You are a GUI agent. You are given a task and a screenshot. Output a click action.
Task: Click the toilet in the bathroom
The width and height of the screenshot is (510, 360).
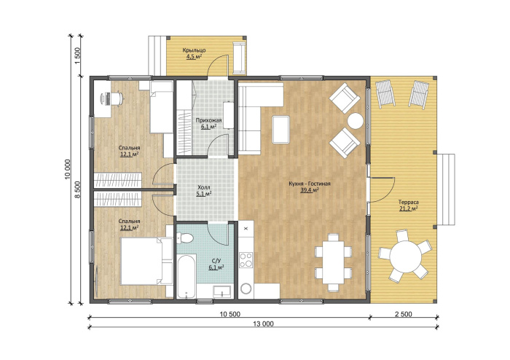pyautogui.click(x=185, y=238)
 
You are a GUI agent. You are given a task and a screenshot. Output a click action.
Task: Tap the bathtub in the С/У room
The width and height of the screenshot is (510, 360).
pyautogui.click(x=186, y=276)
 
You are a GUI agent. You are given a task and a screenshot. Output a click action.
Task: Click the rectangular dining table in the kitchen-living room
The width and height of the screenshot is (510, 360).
pyautogui.click(x=334, y=262)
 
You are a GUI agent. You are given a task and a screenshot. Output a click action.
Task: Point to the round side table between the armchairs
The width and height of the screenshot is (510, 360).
pyautogui.click(x=356, y=121)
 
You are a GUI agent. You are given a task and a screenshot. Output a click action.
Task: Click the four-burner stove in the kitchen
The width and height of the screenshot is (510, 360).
pyautogui.click(x=246, y=260)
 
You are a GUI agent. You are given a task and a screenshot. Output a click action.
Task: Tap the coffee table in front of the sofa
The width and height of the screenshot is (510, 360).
pyautogui.click(x=281, y=130)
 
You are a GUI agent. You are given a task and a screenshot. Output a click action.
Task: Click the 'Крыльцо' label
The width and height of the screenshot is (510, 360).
pyautogui.click(x=194, y=50)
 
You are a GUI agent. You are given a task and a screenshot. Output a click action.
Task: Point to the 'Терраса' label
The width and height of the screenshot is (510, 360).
pyautogui.click(x=409, y=203)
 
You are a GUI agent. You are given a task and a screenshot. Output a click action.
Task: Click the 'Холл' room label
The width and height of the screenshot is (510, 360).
pyautogui.click(x=204, y=187)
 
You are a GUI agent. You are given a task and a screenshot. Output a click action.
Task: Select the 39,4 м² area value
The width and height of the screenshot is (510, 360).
pyautogui.click(x=310, y=191)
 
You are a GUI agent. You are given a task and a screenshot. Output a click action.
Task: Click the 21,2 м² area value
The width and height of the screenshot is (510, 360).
pyautogui.click(x=409, y=208)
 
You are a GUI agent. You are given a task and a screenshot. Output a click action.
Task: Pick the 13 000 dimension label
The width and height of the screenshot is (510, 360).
pyautogui.click(x=264, y=324)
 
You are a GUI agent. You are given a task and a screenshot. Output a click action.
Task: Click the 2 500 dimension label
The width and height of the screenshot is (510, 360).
pyautogui.click(x=404, y=314)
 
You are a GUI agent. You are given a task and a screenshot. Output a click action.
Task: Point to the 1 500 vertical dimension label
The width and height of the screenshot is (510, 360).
pyautogui.click(x=77, y=55)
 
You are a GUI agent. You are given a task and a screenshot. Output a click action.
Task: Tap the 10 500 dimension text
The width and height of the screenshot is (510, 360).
pyautogui.click(x=230, y=314)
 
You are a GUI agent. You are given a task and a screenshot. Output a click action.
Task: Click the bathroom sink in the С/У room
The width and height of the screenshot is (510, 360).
pyautogui.click(x=221, y=291)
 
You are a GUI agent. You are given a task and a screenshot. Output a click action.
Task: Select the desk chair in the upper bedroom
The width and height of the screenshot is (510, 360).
pyautogui.click(x=118, y=98)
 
